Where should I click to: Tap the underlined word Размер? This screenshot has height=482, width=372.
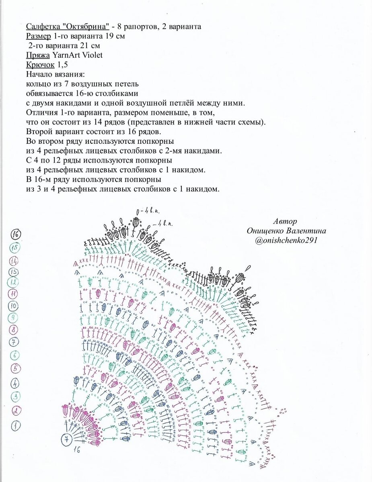point(38,36)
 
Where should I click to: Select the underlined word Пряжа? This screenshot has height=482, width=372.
point(38,55)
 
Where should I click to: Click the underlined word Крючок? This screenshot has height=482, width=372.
point(40,65)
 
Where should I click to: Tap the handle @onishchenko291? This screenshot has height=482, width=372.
point(287,240)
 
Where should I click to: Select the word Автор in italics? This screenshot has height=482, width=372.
point(285,221)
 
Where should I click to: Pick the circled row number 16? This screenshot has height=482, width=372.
point(16,234)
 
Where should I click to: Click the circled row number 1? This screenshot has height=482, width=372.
point(16,425)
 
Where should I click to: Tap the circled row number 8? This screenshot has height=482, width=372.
point(16,330)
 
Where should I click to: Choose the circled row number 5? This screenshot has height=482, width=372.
point(16,368)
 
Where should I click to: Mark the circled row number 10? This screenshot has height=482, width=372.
point(16,306)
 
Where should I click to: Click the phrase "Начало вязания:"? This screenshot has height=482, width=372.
point(55,74)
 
